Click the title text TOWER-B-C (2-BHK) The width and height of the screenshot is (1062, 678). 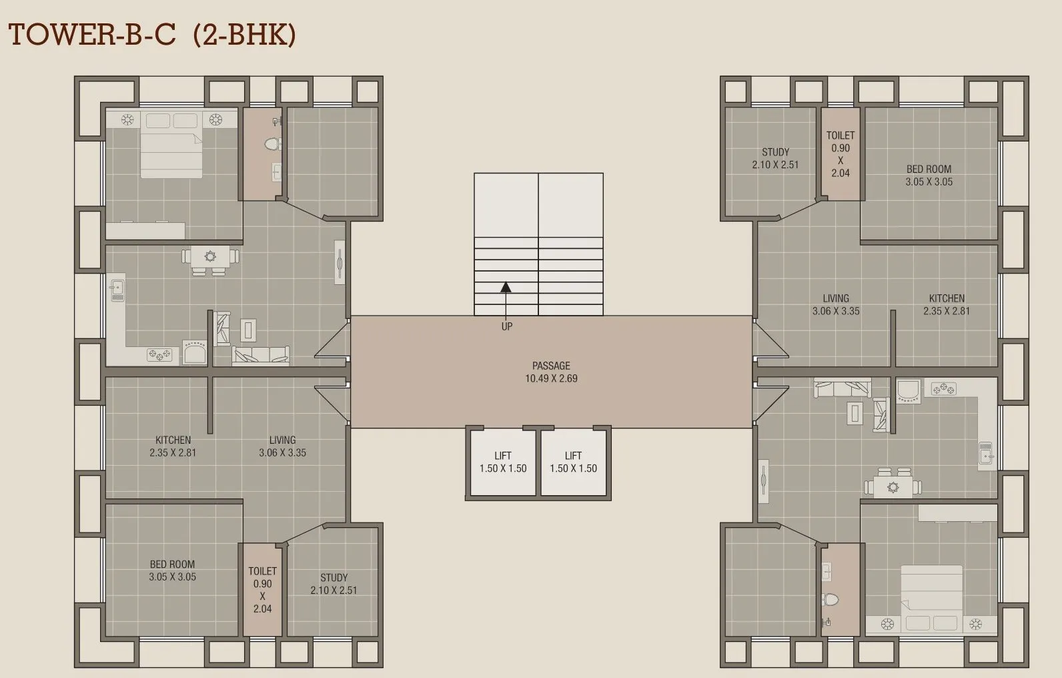[x=152, y=35]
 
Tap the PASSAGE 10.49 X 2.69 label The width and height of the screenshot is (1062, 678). [x=551, y=372]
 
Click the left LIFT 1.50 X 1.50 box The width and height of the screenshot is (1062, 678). [x=502, y=462]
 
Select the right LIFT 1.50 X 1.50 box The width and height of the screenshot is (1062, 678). [x=573, y=462]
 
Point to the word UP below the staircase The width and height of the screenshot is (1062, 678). [x=507, y=327]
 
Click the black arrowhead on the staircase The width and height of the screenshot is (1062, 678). [x=506, y=287]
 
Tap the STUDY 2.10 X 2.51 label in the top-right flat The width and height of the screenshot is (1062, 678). [x=775, y=158]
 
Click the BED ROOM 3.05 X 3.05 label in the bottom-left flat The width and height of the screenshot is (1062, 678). [x=172, y=571]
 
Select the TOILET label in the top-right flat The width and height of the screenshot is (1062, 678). [x=840, y=135]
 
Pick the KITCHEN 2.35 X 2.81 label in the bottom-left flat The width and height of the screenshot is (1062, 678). [x=173, y=446]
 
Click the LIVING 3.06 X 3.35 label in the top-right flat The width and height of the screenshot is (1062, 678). [x=836, y=305]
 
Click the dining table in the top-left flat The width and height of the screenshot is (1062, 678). [x=210, y=259]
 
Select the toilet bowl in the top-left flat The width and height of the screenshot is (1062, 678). [x=273, y=143]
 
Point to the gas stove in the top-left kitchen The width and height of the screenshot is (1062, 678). [x=159, y=354]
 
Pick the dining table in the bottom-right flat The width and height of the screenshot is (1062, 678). [x=893, y=485]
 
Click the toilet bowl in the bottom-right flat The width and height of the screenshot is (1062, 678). [x=830, y=599]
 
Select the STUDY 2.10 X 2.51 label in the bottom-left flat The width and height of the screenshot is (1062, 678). [x=334, y=584]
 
